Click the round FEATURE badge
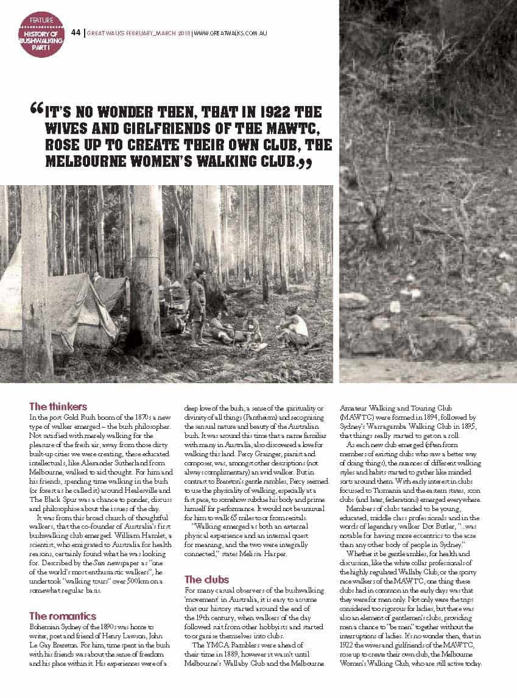click(41, 34)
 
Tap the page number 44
click(76, 32)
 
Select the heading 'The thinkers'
click(58, 406)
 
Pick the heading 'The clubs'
click(206, 579)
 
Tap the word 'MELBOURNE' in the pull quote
click(83, 162)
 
